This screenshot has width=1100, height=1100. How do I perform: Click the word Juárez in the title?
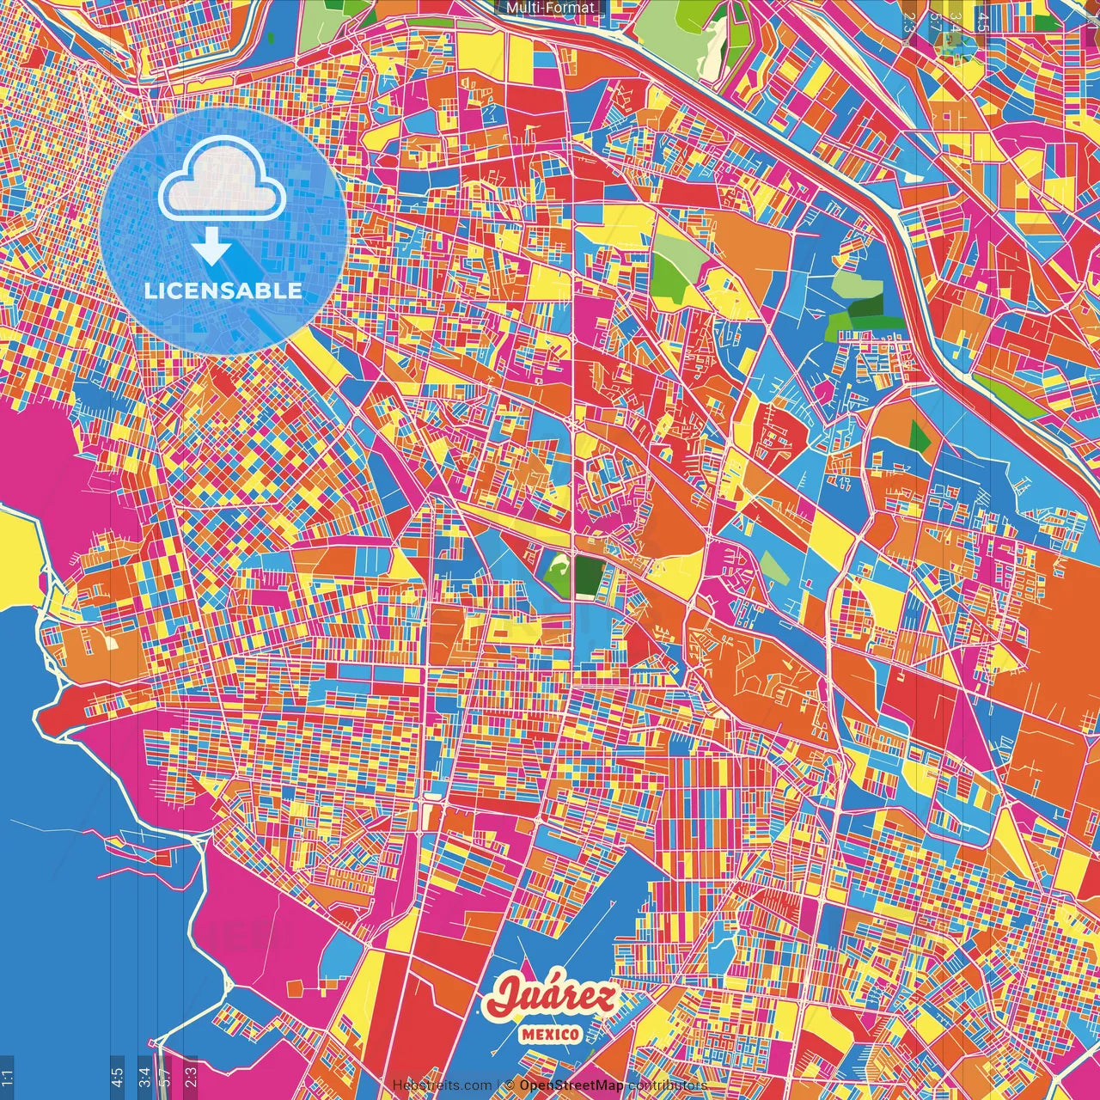point(550,997)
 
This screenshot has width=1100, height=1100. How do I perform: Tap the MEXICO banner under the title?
point(550,1033)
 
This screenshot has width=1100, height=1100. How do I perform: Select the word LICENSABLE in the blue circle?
point(223,290)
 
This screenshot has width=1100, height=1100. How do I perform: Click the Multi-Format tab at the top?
point(550,8)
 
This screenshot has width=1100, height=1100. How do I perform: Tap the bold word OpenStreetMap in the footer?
point(571,1085)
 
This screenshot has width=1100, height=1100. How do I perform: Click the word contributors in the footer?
point(668,1085)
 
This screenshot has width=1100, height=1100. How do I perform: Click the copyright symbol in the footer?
point(509,1085)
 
